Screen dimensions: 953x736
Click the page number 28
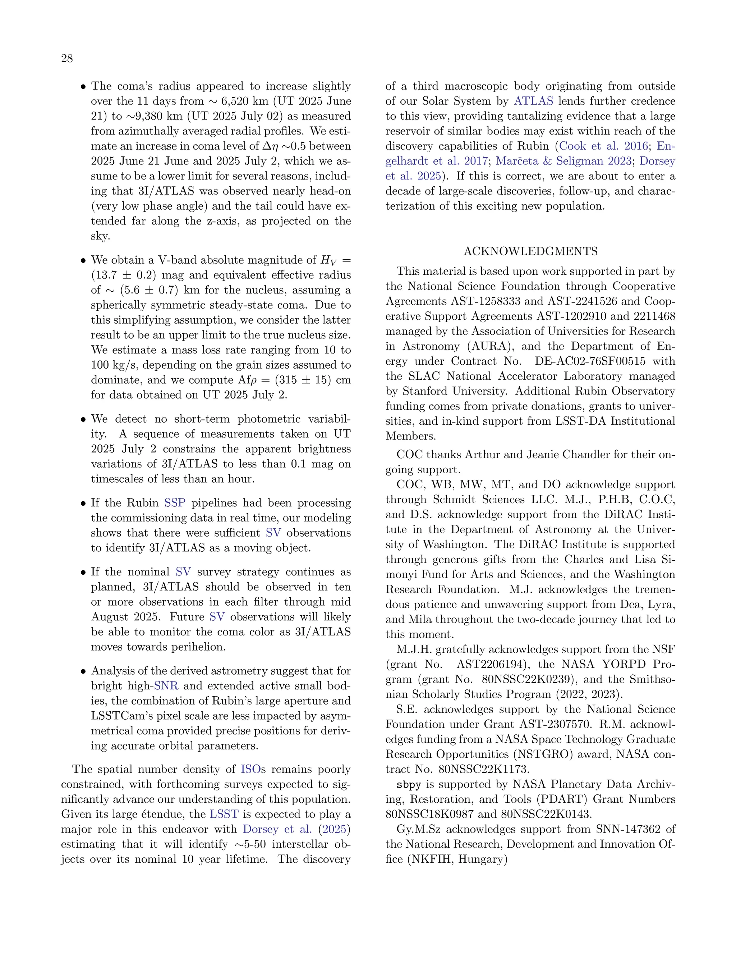(x=67, y=59)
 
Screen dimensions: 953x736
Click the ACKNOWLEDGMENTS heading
(x=530, y=251)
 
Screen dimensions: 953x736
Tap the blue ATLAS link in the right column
(x=533, y=101)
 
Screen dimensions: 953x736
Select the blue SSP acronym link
(x=175, y=503)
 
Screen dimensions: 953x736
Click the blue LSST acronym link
(x=224, y=814)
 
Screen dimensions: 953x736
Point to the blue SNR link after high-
(x=166, y=685)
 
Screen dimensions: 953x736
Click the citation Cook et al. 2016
(x=603, y=146)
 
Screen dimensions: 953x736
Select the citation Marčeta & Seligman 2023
(x=564, y=161)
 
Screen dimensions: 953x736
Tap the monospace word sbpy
(x=409, y=785)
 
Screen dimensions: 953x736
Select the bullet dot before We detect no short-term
(x=83, y=420)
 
